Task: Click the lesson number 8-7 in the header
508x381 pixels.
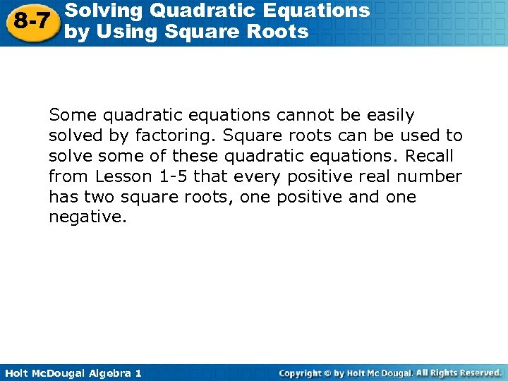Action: (31, 21)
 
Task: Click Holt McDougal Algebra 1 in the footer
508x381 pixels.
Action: (73, 373)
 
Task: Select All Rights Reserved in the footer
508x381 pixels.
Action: (459, 373)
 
